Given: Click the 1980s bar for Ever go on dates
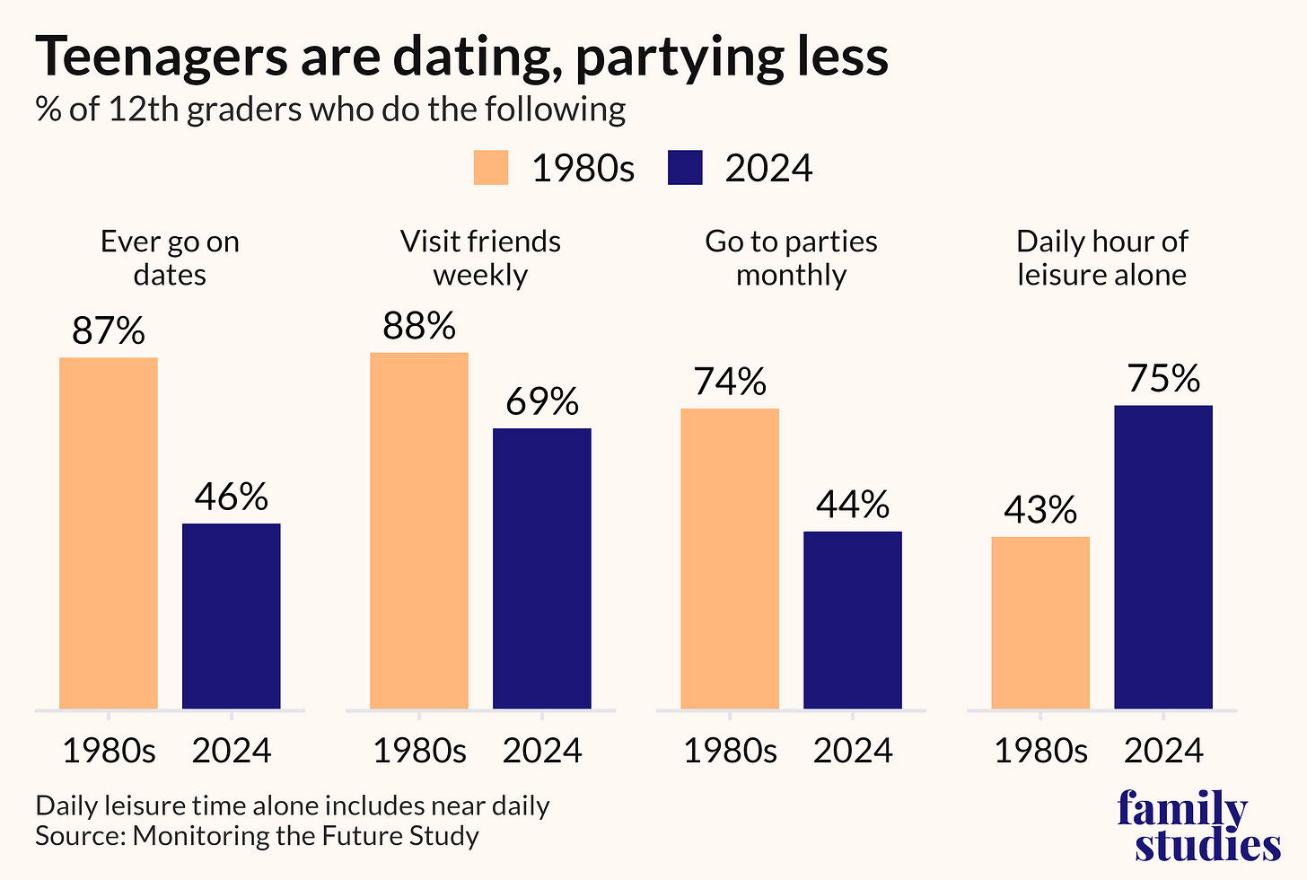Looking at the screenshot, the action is (x=109, y=533).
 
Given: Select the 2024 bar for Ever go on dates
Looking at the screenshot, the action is (x=231, y=616).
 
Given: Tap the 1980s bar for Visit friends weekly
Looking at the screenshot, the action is (x=419, y=531).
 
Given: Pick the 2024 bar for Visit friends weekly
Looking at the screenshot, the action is (x=542, y=569).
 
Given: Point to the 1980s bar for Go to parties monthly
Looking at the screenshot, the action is (x=730, y=559).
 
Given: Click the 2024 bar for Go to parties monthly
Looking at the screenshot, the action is (x=853, y=620).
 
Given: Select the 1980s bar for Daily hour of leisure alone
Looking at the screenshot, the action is (x=1040, y=623).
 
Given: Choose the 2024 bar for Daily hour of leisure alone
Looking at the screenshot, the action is (x=1163, y=558).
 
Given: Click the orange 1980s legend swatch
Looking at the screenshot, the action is (x=491, y=168).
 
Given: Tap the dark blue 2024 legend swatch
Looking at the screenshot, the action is (x=685, y=168).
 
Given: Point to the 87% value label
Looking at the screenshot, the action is (x=109, y=330).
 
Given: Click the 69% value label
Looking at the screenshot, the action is (x=542, y=401).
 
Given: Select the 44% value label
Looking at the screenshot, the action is (x=853, y=504).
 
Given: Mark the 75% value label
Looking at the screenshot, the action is (x=1163, y=378).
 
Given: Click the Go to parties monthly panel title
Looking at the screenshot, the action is (x=791, y=258).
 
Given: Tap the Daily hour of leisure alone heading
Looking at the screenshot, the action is (x=1101, y=258).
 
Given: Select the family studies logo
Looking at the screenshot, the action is (x=1198, y=825).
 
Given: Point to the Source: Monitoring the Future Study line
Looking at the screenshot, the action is (x=257, y=836).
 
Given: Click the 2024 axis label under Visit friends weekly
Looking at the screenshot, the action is (x=542, y=751).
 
